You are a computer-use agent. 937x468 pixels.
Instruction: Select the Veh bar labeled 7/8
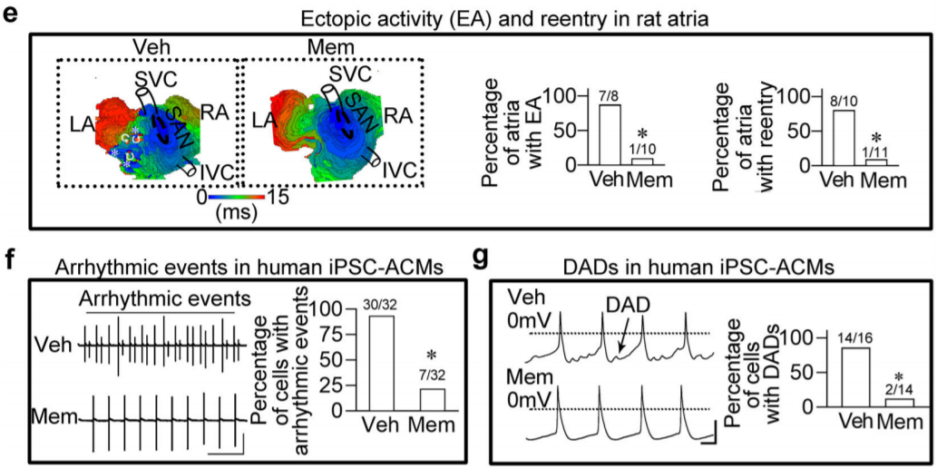[610, 135]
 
